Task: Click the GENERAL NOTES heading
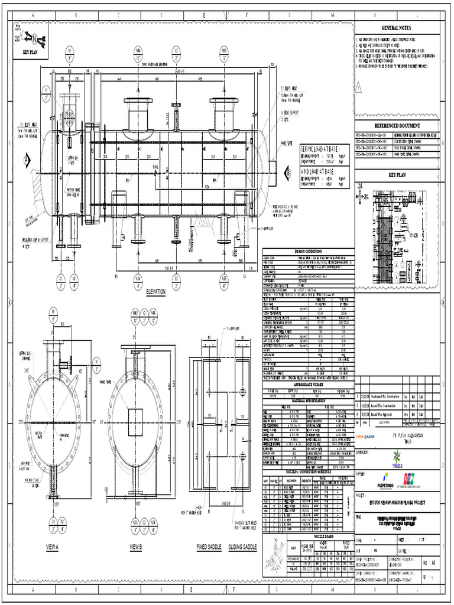(x=397, y=28)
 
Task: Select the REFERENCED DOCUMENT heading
(x=397, y=126)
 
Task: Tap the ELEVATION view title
(x=155, y=292)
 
